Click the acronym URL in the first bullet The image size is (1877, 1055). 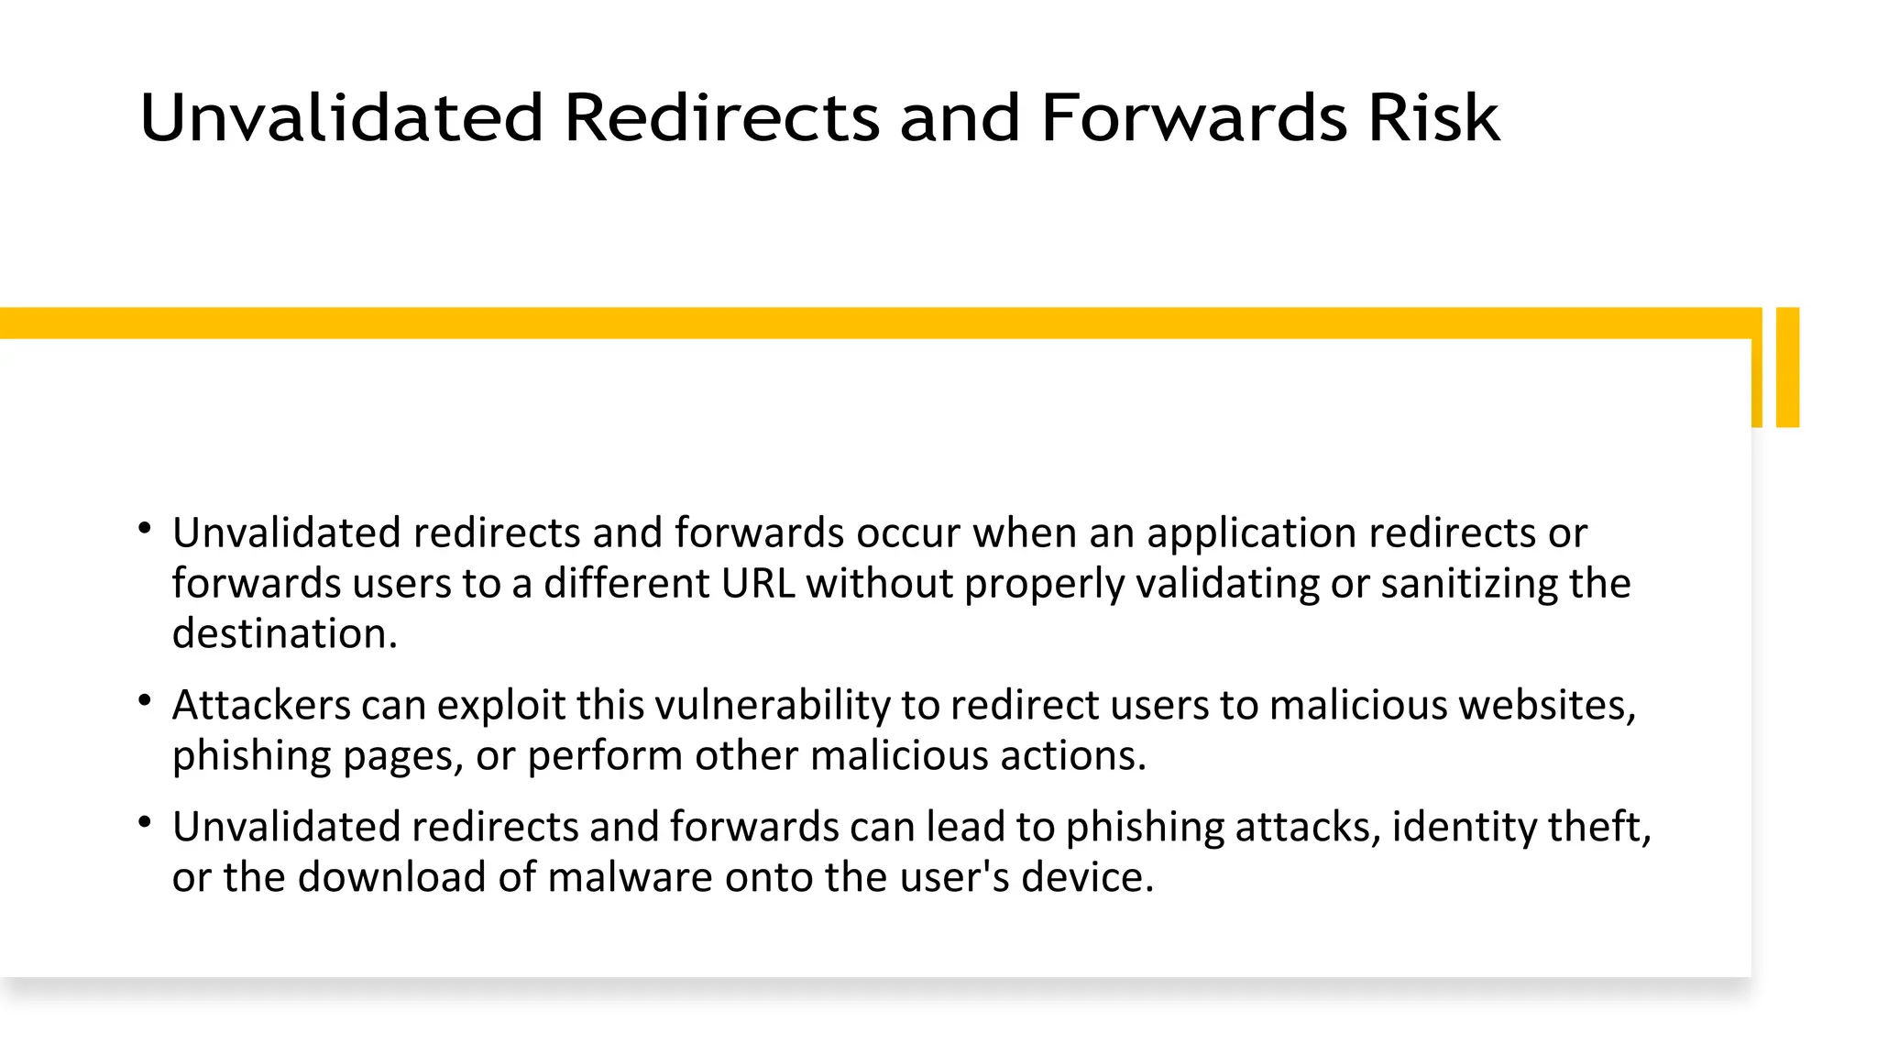pos(758,584)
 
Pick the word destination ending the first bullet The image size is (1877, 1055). pos(284,634)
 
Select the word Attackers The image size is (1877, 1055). pos(261,706)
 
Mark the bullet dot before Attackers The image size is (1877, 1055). pos(145,701)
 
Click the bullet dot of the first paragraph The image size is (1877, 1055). pos(145,529)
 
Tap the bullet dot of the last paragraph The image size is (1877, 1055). pos(145,822)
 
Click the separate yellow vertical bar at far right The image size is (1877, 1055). pos(1787,367)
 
